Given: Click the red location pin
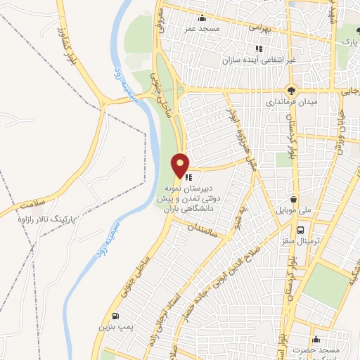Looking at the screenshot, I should click(x=181, y=165).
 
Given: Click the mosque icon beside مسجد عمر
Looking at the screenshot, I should click(x=203, y=18).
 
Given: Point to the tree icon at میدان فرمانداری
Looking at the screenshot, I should click(x=291, y=90).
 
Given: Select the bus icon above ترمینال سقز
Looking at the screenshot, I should click(x=301, y=230).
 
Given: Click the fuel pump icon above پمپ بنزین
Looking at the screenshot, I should click(x=115, y=316).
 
